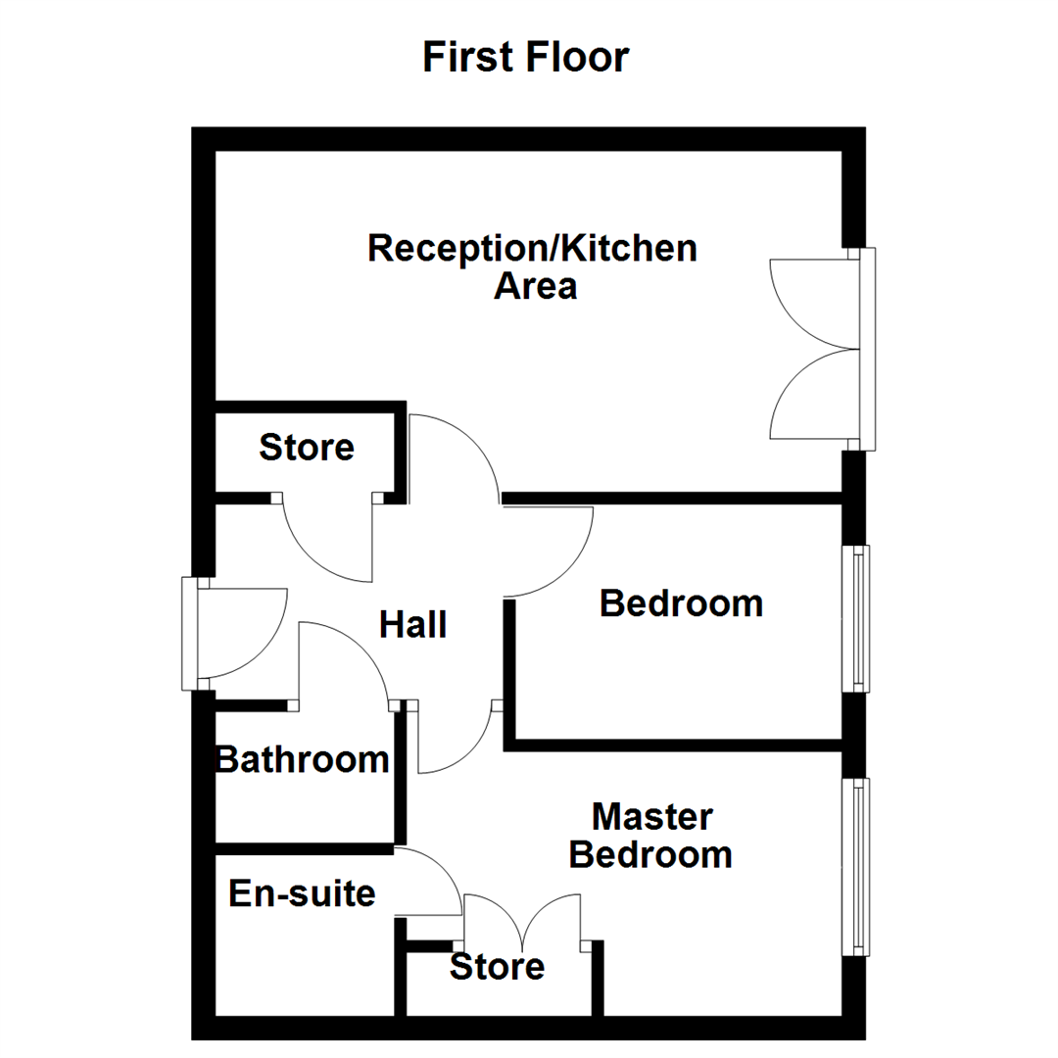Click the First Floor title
coord(525,57)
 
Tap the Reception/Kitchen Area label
coord(532,267)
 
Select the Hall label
coord(412,624)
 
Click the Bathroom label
coord(302,759)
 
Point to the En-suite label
coord(302,893)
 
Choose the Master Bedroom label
coord(651,836)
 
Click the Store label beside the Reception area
coord(306,448)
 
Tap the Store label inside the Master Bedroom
coord(497,967)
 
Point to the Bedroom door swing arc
coord(549,549)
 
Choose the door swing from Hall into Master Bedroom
coord(453,740)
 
